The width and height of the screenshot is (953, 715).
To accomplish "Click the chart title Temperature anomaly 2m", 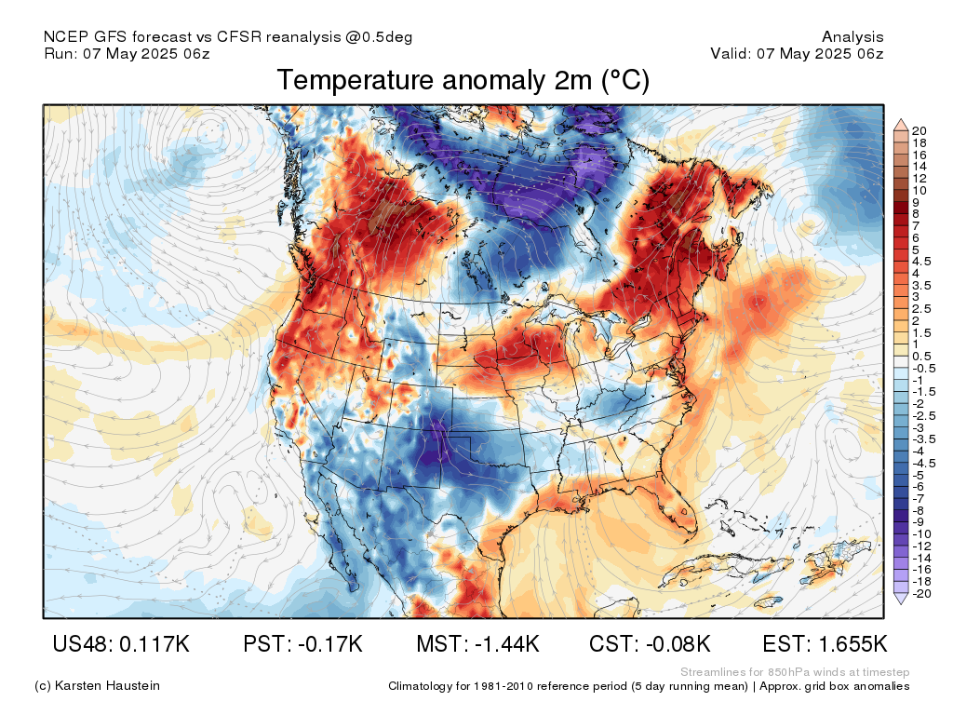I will (463, 81).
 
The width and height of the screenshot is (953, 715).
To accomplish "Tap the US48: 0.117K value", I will (121, 643).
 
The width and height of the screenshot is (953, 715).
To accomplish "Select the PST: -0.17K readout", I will (302, 643).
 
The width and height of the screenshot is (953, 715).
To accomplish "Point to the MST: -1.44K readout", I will (477, 643).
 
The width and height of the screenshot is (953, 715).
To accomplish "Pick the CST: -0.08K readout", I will (650, 643).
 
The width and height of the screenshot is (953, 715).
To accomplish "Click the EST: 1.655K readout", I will (825, 643).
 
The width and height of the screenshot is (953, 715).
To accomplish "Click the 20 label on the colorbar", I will (919, 130).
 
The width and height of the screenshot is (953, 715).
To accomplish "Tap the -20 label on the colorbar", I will (921, 593).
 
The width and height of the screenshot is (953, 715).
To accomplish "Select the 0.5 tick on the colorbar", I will (921, 357).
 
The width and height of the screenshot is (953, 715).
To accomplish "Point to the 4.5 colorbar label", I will (921, 262).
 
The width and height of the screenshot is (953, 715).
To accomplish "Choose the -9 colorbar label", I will (919, 521).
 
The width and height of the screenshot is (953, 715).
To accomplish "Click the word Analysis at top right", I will (852, 37).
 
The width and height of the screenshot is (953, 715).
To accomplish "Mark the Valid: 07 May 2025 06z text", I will (797, 53).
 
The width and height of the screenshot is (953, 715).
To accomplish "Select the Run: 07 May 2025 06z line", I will (127, 53).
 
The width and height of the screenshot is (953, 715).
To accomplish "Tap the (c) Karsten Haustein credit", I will (97, 686).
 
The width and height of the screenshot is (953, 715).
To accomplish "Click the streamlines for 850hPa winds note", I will (795, 672).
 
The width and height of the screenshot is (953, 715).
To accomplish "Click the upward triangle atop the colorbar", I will (900, 123).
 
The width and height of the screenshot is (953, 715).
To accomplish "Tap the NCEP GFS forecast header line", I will (228, 37).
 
